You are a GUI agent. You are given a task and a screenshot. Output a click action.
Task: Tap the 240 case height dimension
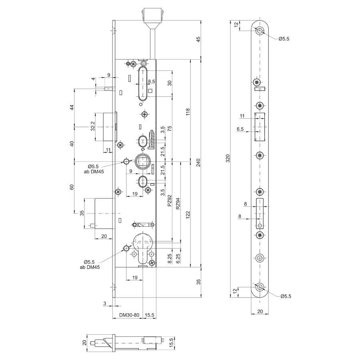198,162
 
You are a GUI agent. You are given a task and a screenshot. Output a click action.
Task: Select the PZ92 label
170,200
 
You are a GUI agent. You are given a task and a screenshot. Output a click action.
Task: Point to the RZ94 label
178,204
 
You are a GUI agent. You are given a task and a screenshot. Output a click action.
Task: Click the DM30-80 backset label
129,315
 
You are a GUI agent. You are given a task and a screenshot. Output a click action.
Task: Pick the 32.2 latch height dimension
92,126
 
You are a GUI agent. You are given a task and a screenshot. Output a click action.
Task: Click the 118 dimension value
188,112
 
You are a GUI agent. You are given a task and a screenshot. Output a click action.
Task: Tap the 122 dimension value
188,215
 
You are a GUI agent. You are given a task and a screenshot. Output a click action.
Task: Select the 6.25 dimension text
178,258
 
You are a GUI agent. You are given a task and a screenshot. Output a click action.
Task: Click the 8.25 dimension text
170,258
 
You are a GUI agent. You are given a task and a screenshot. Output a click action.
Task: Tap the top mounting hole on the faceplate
260,30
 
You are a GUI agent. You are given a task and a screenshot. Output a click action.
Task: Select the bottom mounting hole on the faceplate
260,287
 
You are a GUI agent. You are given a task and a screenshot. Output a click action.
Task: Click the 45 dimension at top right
198,39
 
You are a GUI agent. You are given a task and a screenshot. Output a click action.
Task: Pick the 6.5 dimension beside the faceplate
240,129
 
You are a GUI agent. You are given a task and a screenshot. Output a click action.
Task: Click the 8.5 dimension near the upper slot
151,81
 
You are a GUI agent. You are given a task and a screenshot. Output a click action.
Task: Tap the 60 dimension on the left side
72,187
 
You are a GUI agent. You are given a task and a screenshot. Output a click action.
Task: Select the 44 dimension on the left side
72,107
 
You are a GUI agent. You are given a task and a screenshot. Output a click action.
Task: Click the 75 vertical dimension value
170,128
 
